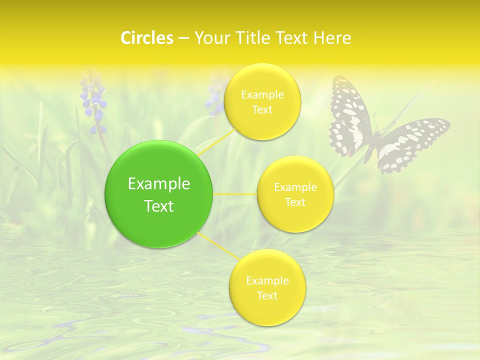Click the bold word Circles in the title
(x=146, y=38)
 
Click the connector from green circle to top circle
(x=216, y=142)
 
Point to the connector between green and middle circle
(x=235, y=194)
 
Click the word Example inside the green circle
(x=158, y=184)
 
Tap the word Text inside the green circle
(x=158, y=206)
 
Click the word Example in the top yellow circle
(x=262, y=95)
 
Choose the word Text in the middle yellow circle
(x=295, y=202)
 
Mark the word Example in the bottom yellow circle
(x=267, y=281)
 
